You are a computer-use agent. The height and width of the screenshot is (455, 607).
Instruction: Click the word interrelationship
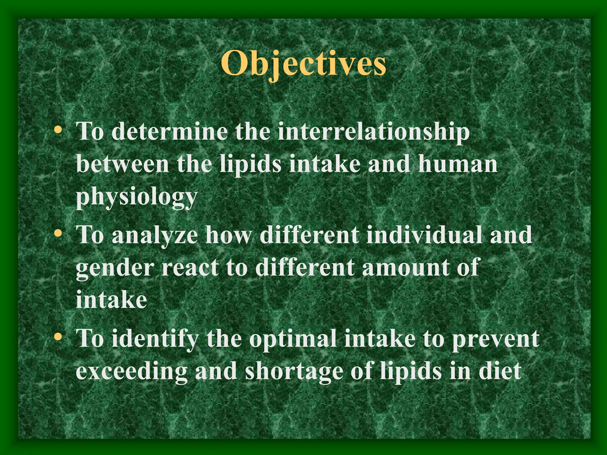coord(373,132)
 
